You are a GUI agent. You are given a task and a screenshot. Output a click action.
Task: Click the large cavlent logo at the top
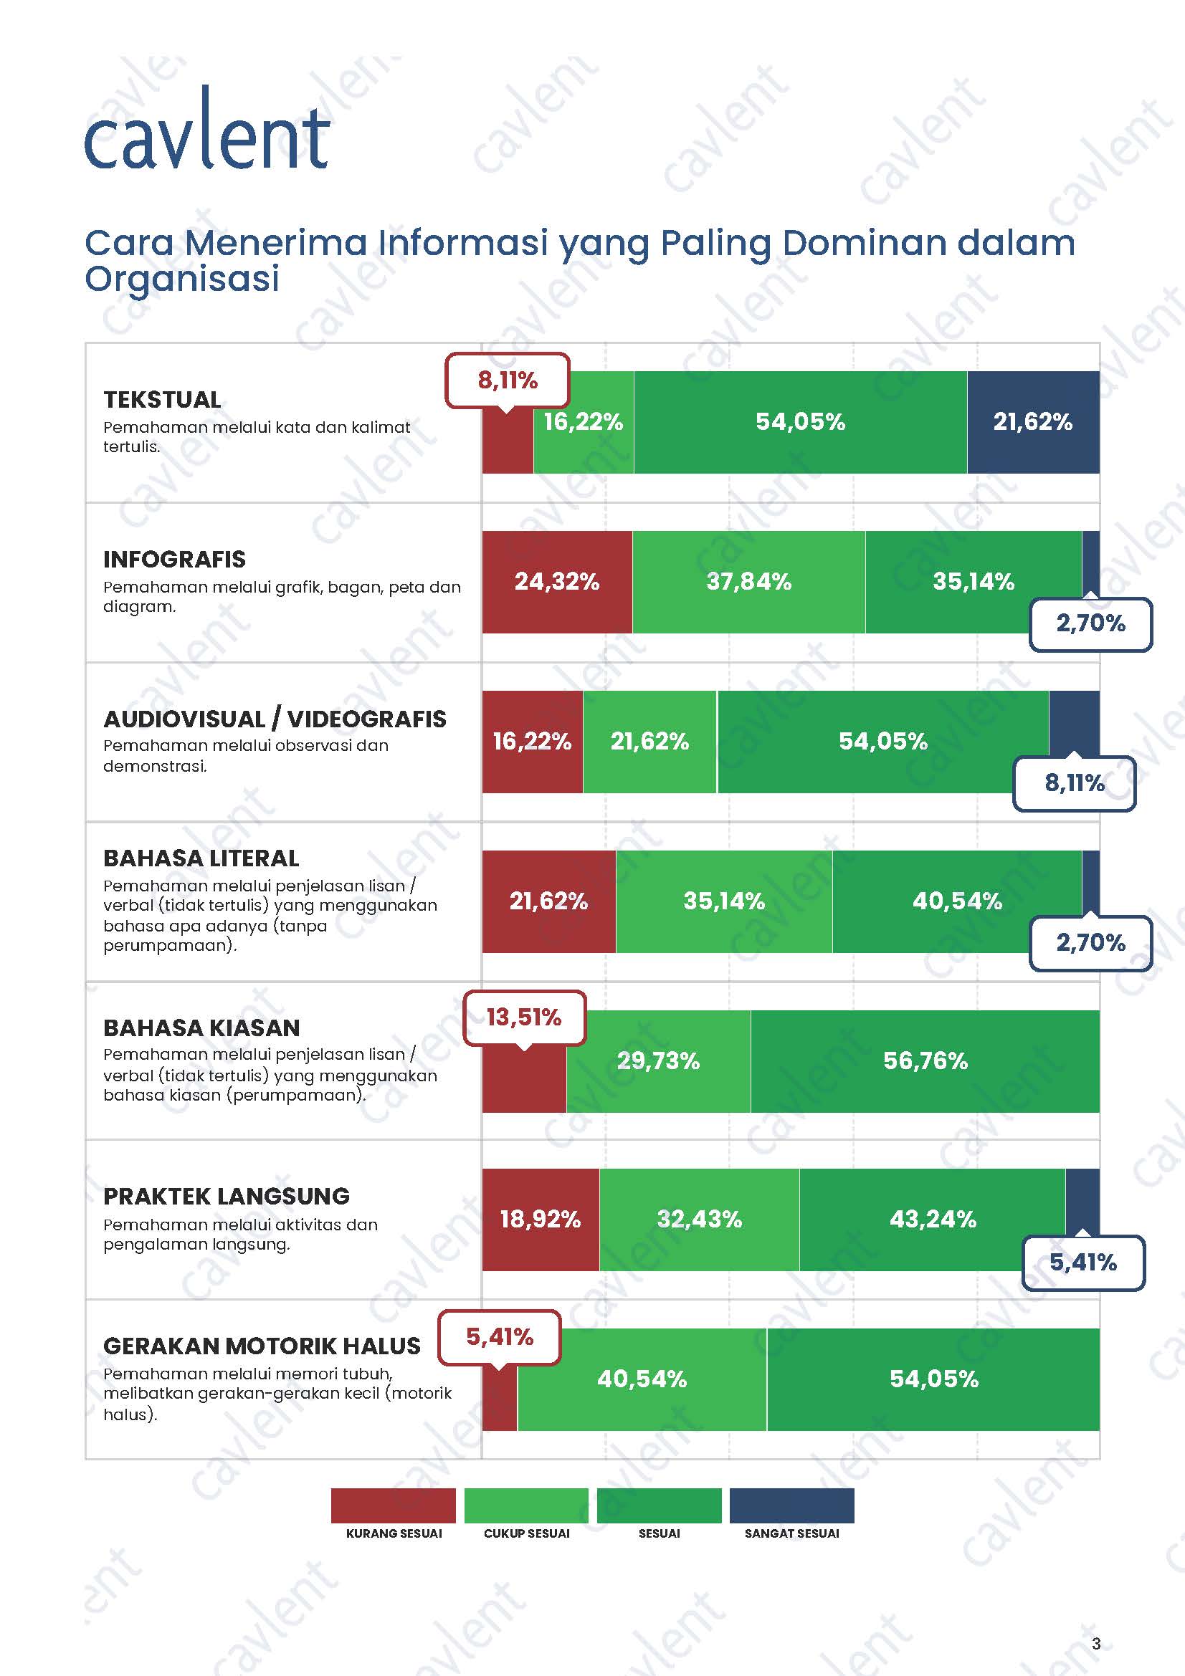(x=207, y=131)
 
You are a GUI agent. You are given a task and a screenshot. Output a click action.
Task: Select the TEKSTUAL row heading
(x=162, y=399)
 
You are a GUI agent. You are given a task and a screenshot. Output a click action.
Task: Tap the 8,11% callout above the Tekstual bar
(x=508, y=380)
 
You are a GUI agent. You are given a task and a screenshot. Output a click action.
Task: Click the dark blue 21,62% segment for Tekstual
(x=1032, y=422)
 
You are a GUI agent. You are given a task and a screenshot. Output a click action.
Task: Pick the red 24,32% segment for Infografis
(x=556, y=582)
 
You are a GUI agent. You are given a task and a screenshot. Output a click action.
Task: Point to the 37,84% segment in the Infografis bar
(x=748, y=582)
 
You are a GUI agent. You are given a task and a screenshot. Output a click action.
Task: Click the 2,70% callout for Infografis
(x=1090, y=623)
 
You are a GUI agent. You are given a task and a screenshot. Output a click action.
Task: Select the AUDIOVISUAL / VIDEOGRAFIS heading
(x=275, y=719)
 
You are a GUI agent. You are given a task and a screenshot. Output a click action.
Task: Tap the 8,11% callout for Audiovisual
(x=1074, y=783)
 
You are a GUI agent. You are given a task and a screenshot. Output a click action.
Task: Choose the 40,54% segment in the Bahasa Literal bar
(x=956, y=901)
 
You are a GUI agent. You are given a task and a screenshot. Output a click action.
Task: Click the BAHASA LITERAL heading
(x=201, y=858)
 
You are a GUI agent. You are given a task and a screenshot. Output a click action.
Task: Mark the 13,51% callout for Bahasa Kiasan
(x=523, y=1017)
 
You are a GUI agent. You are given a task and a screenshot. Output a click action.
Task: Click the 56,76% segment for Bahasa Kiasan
(x=925, y=1060)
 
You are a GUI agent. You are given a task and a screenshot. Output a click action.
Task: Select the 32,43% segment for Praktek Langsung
(x=699, y=1220)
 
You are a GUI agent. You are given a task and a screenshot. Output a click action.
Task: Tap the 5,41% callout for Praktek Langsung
(x=1082, y=1262)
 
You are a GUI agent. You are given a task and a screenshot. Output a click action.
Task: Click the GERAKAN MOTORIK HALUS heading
(x=262, y=1346)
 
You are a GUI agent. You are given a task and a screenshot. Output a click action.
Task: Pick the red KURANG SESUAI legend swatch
(x=393, y=1506)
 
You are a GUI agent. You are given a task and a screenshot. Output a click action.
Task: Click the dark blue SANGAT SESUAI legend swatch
(x=791, y=1506)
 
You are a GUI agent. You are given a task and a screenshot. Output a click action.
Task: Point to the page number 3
(x=1096, y=1644)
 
